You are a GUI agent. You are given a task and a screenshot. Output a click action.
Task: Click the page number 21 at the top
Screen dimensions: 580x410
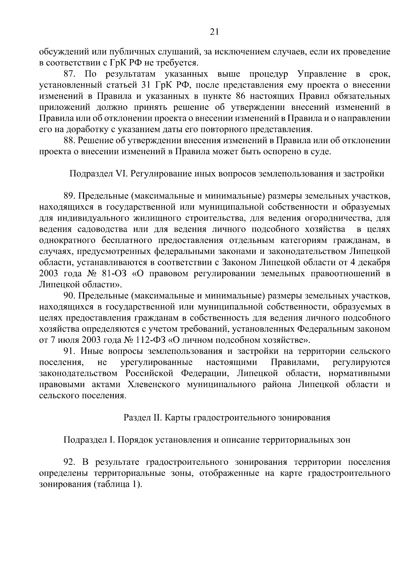tap(214, 32)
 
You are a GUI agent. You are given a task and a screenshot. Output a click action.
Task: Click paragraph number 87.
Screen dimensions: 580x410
tap(71, 74)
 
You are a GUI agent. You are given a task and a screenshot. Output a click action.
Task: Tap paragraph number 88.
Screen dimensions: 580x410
tap(70, 141)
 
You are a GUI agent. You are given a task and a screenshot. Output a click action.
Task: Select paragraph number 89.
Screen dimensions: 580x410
tap(70, 196)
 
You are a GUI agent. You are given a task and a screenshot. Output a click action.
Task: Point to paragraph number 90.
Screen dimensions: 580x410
tap(70, 296)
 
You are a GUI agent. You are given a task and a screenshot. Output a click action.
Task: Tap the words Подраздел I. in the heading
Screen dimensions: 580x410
tap(89, 440)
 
